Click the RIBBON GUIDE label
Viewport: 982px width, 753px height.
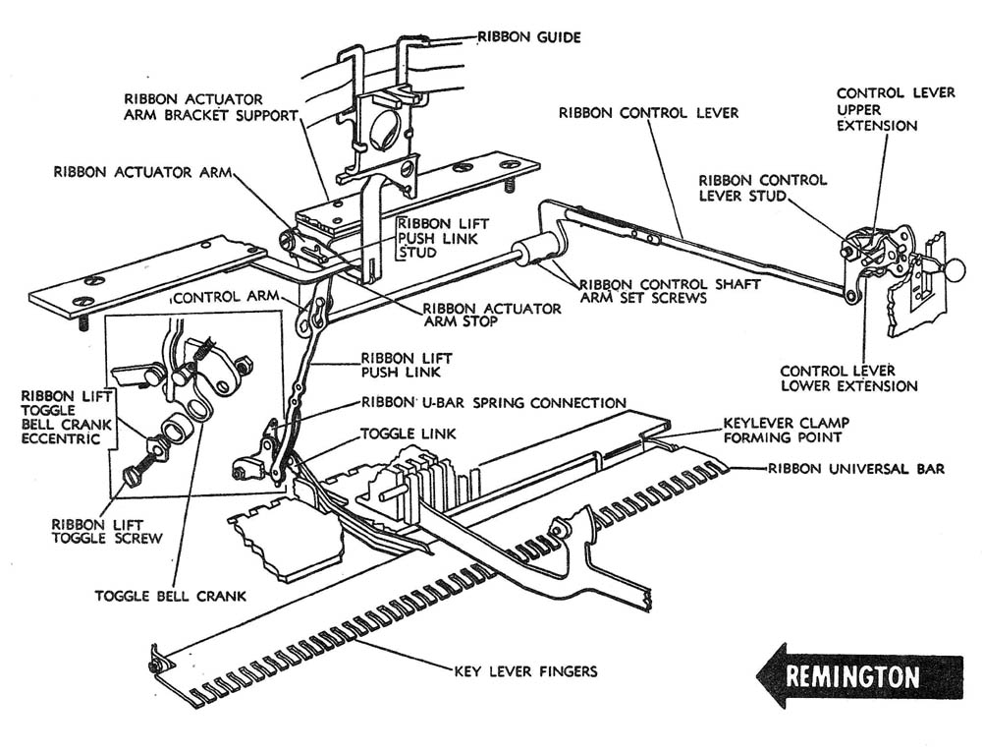pyautogui.click(x=529, y=37)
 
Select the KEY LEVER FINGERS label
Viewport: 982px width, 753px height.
pyautogui.click(x=525, y=672)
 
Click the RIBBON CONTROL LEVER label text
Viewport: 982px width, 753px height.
pyautogui.click(x=648, y=113)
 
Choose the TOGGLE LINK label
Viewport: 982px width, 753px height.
pyautogui.click(x=401, y=433)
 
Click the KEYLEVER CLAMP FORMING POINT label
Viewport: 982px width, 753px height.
pyautogui.click(x=786, y=429)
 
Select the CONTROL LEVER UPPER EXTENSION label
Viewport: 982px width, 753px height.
pyautogui.click(x=896, y=109)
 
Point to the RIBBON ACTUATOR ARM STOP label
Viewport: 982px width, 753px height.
pyautogui.click(x=492, y=316)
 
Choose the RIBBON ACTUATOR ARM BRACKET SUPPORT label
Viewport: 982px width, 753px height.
pyautogui.click(x=209, y=107)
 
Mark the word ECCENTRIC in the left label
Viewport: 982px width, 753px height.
pyautogui.click(x=60, y=438)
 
